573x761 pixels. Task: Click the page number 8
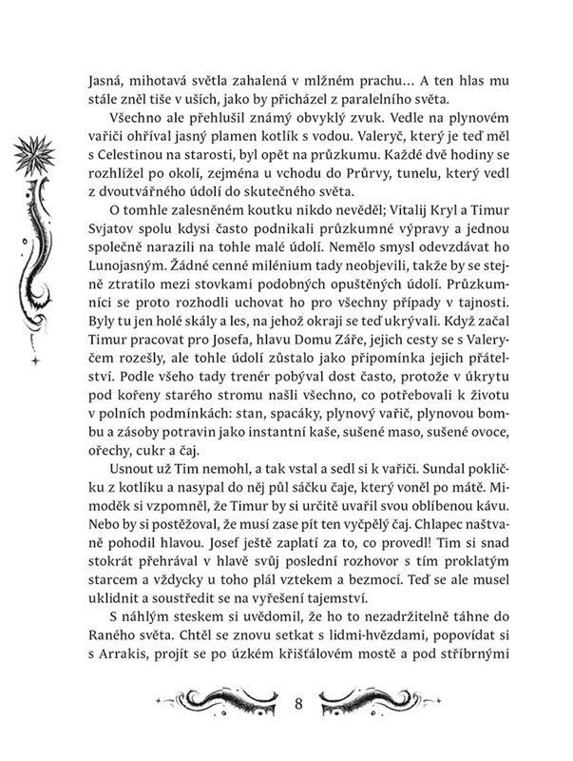coord(298,705)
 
